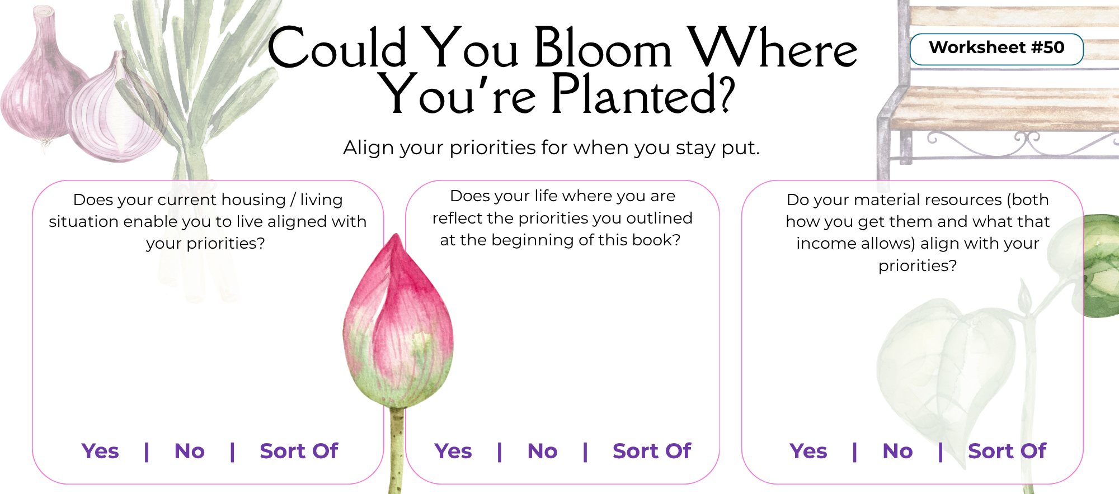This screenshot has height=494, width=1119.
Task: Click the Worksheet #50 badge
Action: click(996, 49)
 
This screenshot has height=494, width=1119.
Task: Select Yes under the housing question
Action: click(100, 451)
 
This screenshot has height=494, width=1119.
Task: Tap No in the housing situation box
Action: click(190, 451)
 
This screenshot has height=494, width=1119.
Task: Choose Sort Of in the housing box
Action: click(299, 451)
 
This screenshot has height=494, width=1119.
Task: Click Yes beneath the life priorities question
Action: click(453, 451)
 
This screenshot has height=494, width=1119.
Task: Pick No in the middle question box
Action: click(542, 451)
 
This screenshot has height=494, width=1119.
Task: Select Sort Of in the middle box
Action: click(652, 451)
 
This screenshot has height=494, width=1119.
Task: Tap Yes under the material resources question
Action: click(808, 451)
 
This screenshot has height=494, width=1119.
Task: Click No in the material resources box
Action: click(897, 451)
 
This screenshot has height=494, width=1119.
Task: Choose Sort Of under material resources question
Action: click(1007, 451)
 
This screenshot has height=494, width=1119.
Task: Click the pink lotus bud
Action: click(397, 330)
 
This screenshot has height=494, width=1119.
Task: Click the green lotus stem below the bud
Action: click(396, 447)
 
